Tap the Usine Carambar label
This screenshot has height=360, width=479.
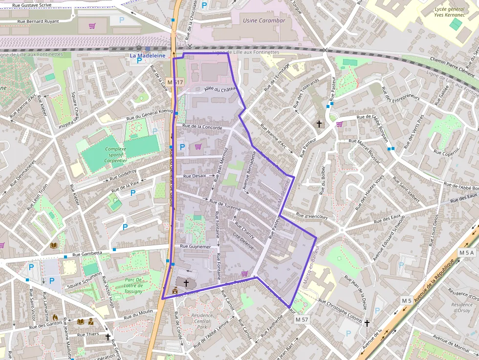(x=264, y=21)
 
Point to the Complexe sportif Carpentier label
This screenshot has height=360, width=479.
(x=111, y=154)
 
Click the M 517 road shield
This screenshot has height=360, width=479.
(x=174, y=82)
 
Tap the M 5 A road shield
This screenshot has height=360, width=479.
(x=466, y=253)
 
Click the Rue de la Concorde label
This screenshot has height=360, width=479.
(x=202, y=127)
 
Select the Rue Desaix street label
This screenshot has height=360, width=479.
(x=195, y=176)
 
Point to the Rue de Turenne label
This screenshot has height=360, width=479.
(x=225, y=205)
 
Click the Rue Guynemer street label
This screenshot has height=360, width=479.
(x=196, y=247)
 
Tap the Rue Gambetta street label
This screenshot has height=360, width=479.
(x=87, y=254)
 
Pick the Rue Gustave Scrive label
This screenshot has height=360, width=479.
(x=32, y=5)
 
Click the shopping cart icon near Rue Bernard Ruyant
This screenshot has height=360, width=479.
(x=92, y=26)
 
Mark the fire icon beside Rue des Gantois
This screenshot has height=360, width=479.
(x=55, y=317)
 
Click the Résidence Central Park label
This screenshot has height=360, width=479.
(x=202, y=321)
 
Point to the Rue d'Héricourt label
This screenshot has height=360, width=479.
(x=312, y=216)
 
